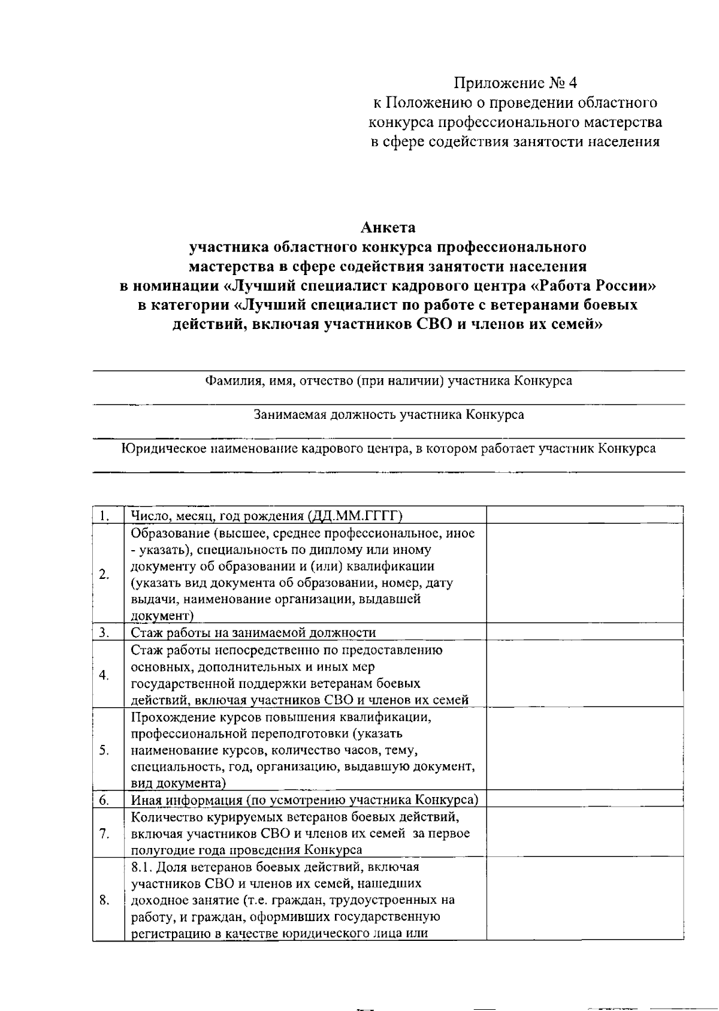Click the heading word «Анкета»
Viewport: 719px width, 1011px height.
pyautogui.click(x=388, y=228)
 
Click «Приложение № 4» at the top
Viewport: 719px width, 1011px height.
pyautogui.click(x=515, y=82)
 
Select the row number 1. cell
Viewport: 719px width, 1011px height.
pyautogui.click(x=104, y=516)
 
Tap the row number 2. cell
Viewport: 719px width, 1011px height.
pyautogui.click(x=104, y=574)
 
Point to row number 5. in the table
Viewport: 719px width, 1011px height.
pyautogui.click(x=104, y=750)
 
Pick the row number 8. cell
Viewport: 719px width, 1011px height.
pyautogui.click(x=104, y=900)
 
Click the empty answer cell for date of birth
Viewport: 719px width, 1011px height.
pyautogui.click(x=584, y=515)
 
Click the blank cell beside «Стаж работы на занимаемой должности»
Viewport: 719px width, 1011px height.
pyautogui.click(x=584, y=632)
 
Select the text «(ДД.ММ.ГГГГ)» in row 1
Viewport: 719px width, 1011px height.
pyautogui.click(x=355, y=516)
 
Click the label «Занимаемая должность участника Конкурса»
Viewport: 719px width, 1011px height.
pyautogui.click(x=388, y=415)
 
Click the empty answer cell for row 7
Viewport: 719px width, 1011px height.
pyautogui.click(x=584, y=833)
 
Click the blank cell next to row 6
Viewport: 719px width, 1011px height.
pyautogui.click(x=584, y=799)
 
